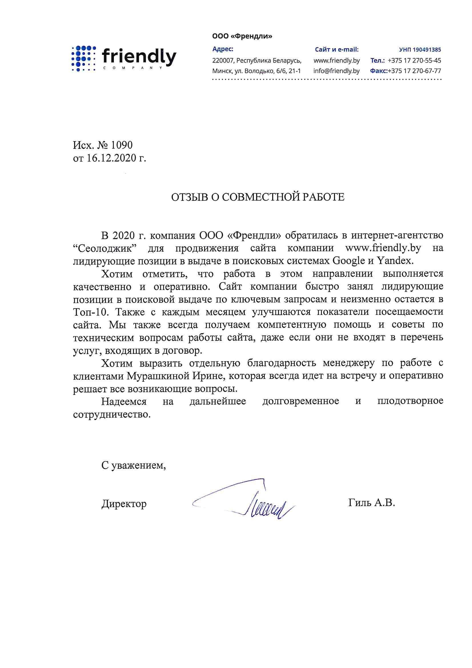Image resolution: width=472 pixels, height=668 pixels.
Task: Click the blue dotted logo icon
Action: pyautogui.click(x=84, y=58)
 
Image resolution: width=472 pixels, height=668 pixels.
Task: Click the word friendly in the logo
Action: pyautogui.click(x=139, y=57)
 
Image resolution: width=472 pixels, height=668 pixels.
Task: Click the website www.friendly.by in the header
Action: pyautogui.click(x=336, y=61)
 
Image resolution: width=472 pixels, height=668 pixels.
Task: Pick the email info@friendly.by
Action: pyautogui.click(x=336, y=71)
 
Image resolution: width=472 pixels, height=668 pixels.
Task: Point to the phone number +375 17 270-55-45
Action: pyautogui.click(x=414, y=61)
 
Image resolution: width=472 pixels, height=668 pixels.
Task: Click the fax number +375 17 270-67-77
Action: pyautogui.click(x=414, y=71)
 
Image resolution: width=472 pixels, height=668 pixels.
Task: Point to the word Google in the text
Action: pyautogui.click(x=348, y=261)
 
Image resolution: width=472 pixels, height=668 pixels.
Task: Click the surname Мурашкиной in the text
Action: pyautogui.click(x=158, y=376)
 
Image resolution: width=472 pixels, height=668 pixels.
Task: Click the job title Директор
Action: pyautogui.click(x=124, y=504)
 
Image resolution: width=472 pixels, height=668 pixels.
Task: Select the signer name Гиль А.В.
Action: pyautogui.click(x=371, y=503)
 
